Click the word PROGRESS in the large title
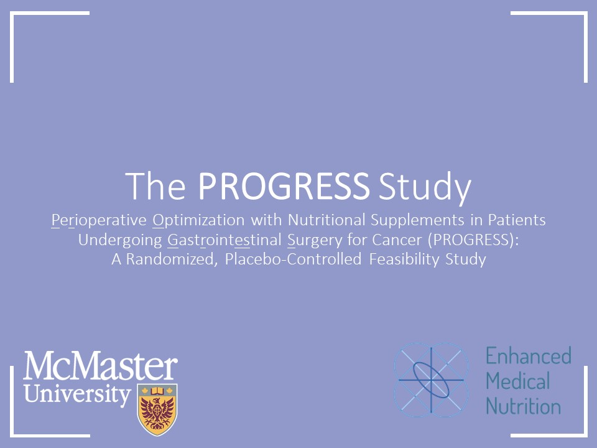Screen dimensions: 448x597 pos(284,185)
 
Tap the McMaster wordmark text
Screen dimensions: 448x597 pos(100,366)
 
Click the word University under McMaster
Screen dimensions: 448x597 pos(78,394)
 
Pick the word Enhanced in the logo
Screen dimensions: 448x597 pos(528,357)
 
